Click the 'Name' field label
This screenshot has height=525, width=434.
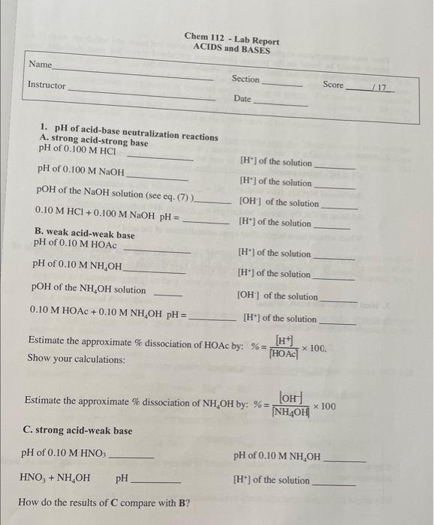(40, 65)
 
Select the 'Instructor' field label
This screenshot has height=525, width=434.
(47, 85)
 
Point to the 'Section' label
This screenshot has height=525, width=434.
(246, 79)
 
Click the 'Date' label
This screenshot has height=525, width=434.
(242, 99)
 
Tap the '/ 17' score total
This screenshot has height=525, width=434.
(378, 87)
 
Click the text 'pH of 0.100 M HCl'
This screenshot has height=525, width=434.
(72, 151)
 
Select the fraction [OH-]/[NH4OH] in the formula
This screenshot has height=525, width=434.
(290, 405)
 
